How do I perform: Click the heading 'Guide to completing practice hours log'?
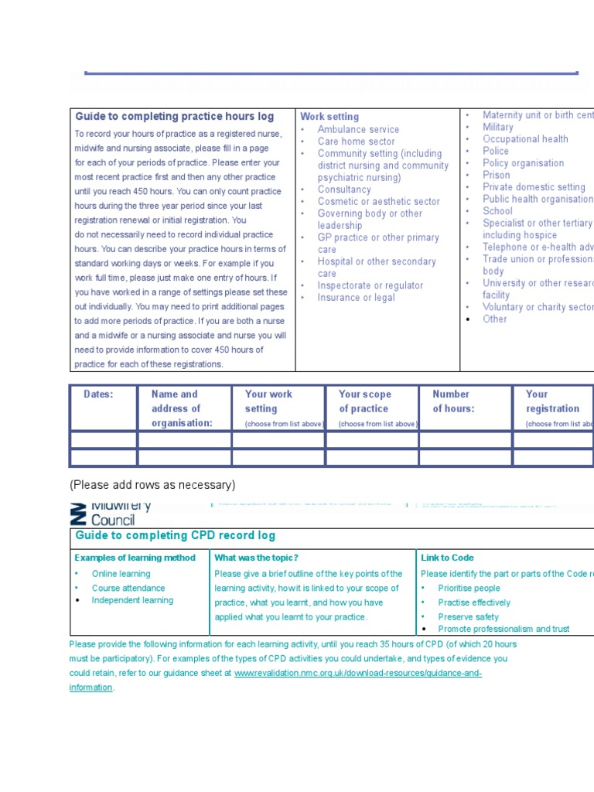(174, 117)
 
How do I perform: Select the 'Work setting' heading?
(329, 117)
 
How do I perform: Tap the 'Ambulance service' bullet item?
(358, 129)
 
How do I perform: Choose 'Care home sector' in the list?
(356, 142)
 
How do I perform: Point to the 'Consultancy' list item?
(344, 189)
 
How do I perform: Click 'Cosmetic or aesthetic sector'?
(378, 201)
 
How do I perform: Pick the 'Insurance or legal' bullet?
(356, 298)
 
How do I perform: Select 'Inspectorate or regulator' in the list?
(370, 285)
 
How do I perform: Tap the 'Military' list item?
(497, 127)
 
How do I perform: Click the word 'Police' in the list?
(496, 151)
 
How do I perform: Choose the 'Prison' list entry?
(496, 175)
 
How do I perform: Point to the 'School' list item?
(497, 211)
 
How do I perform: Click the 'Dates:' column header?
(98, 394)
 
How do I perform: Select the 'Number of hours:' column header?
(453, 401)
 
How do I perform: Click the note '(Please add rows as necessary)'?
(152, 485)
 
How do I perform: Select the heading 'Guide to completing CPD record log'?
(175, 535)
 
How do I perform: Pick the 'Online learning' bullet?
(121, 574)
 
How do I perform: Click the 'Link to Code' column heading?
(447, 558)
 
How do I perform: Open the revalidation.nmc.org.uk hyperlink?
(358, 674)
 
